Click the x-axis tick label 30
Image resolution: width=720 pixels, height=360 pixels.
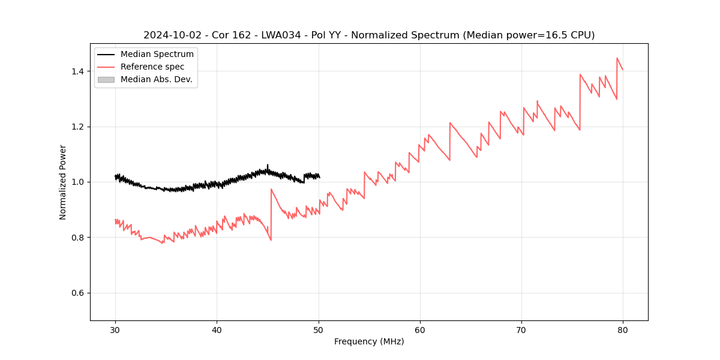pyautogui.click(x=115, y=330)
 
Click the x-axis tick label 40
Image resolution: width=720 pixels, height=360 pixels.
pyautogui.click(x=217, y=330)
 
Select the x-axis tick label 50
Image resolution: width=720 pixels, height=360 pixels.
pyautogui.click(x=319, y=330)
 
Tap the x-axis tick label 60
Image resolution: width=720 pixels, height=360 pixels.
pyautogui.click(x=420, y=330)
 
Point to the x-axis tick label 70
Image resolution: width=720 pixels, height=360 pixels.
pyautogui.click(x=521, y=330)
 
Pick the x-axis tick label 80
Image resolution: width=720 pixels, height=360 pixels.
pyautogui.click(x=623, y=330)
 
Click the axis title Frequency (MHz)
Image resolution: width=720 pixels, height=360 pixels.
pyautogui.click(x=369, y=341)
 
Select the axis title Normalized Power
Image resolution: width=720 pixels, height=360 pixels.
pyautogui.click(x=63, y=182)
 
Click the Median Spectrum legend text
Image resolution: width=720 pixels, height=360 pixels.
pyautogui.click(x=157, y=55)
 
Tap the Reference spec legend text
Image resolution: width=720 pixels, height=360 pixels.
pyautogui.click(x=152, y=67)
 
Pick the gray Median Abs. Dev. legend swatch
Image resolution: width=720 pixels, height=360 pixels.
pyautogui.click(x=106, y=79)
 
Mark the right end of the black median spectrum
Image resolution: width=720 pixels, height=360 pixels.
pyautogui.click(x=320, y=178)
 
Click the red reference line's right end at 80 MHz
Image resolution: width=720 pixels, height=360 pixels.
pyautogui.click(x=623, y=70)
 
